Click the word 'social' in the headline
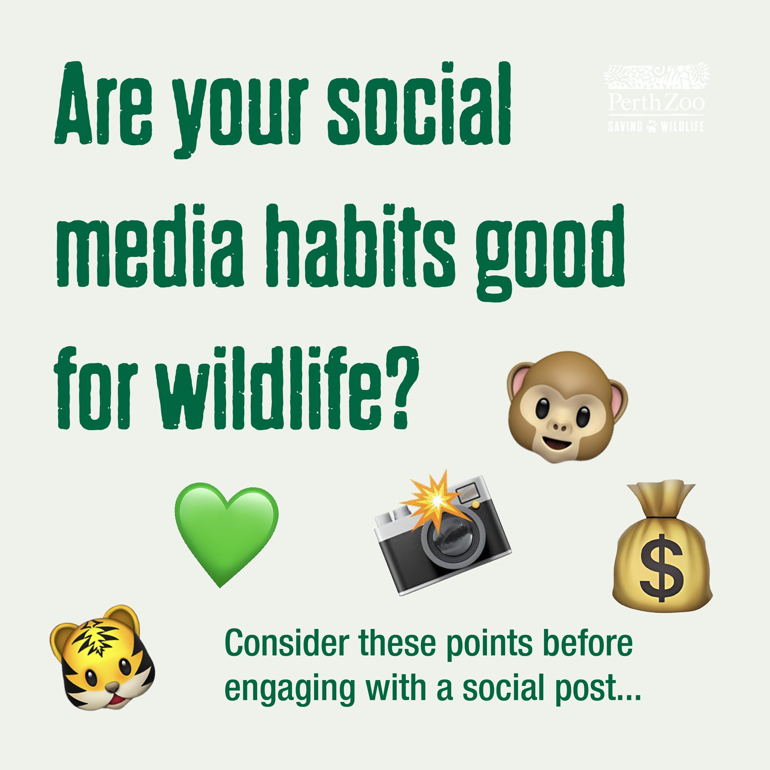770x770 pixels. coord(419,104)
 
